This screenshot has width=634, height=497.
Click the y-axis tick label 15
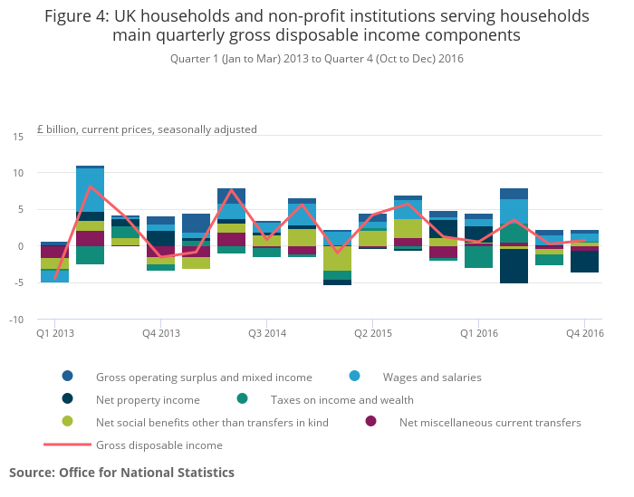point(18,136)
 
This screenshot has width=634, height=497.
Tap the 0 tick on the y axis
point(21,246)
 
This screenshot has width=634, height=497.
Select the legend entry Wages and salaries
point(431,377)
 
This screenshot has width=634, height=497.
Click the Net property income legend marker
point(68,399)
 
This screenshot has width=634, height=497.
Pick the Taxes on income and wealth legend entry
point(341,399)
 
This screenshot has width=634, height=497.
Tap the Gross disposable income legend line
point(68,444)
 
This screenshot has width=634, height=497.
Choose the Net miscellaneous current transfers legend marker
point(370,422)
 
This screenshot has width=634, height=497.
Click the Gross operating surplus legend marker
point(68,377)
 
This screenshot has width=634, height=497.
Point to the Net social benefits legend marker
point(68,422)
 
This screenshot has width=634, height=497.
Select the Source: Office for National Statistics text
point(121,473)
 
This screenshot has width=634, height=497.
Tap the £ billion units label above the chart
point(147,129)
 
